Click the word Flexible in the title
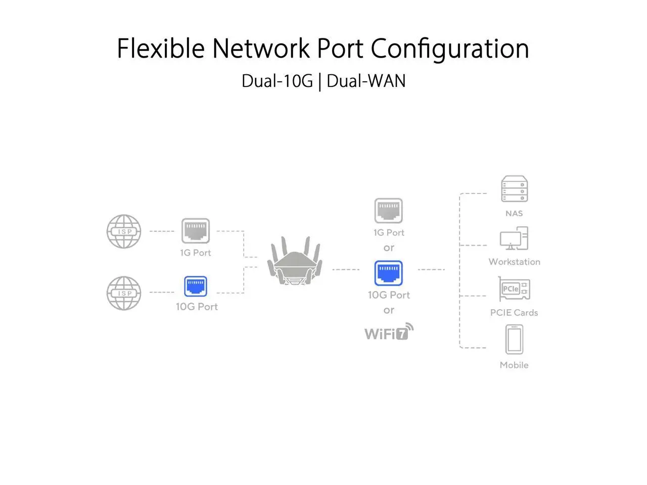pos(160,48)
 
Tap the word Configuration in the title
pos(449,50)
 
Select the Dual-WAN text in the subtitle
pos(366,81)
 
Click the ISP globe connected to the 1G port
pos(124,231)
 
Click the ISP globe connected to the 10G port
pos(124,293)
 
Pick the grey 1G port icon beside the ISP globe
pos(196,231)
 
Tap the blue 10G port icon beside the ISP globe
pos(196,286)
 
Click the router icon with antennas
pos(295,262)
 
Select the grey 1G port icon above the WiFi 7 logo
pos(388,211)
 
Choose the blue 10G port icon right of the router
pos(388,273)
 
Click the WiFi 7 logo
pos(389,332)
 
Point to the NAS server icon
pos(514,189)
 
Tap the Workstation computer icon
pos(514,238)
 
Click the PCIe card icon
pos(514,289)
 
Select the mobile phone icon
pos(514,339)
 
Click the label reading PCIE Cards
pos(514,313)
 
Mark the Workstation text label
pos(514,262)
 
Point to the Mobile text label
pos(514,365)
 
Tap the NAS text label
pos(514,213)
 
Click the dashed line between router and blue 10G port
pos(346,270)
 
